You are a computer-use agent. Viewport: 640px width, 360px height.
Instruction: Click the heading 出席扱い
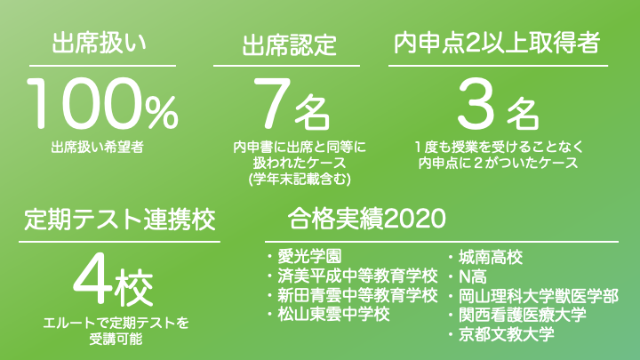(x=100, y=44)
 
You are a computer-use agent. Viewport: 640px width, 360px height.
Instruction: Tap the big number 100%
(x=102, y=104)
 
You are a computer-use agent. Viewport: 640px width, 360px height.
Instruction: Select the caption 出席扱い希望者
(x=98, y=147)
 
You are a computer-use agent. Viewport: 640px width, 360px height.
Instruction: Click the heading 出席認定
(x=289, y=44)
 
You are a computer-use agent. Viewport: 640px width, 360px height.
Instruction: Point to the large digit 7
(x=272, y=102)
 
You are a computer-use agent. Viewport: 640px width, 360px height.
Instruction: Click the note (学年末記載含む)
(x=300, y=180)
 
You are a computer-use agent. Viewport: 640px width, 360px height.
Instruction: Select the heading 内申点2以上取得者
(x=497, y=43)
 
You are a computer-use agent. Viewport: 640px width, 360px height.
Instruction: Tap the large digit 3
(x=476, y=104)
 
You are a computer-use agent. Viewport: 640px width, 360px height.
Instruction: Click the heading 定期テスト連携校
(x=120, y=220)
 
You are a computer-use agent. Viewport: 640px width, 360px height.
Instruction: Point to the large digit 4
(x=93, y=279)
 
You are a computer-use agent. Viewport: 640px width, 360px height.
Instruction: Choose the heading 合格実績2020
(x=366, y=219)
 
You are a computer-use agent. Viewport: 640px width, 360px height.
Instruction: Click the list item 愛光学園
(x=309, y=256)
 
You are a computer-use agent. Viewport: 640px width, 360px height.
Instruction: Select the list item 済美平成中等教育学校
(x=357, y=276)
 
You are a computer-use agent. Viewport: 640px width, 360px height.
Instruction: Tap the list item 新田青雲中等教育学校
(x=357, y=295)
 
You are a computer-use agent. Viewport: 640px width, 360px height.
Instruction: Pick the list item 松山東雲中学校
(x=333, y=315)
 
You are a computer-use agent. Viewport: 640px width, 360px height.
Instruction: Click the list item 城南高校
(x=490, y=257)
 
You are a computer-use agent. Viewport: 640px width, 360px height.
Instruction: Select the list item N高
(x=473, y=277)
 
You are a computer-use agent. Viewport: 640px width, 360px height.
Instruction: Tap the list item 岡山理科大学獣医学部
(x=539, y=296)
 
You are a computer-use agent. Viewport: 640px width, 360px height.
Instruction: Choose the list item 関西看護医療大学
(x=523, y=315)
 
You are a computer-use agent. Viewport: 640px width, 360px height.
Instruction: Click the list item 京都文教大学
(x=506, y=334)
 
